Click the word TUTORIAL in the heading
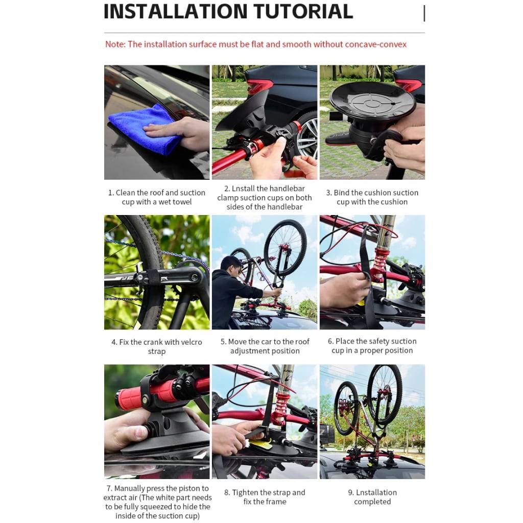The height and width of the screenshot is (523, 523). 305,11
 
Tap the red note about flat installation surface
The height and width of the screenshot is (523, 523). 256,44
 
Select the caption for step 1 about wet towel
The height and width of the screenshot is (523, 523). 157,197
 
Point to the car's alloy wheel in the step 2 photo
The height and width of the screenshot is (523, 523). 307,135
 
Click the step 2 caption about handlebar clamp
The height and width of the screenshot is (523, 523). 264,198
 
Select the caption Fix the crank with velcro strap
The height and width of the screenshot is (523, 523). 157,346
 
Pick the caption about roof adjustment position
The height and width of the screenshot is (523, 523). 265,346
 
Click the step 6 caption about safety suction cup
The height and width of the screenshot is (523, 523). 372,346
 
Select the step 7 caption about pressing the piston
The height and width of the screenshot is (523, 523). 157,502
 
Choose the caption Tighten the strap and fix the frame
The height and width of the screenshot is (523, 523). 265,497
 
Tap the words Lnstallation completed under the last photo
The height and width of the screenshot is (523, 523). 372,497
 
